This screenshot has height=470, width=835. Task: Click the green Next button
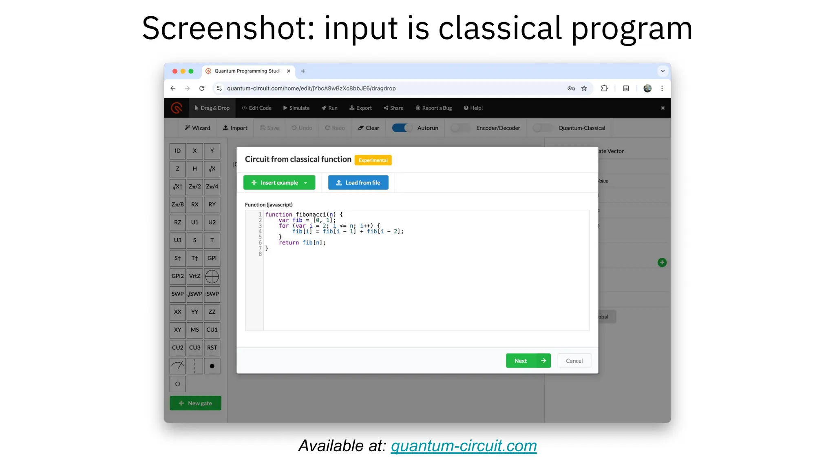click(528, 361)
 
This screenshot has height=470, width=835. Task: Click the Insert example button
click(279, 183)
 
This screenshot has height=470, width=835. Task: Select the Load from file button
click(358, 183)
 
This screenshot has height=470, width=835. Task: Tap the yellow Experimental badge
click(373, 160)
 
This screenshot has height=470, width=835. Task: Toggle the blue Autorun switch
click(402, 128)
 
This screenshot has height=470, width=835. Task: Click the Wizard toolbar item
click(197, 128)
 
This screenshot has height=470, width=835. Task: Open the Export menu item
click(360, 108)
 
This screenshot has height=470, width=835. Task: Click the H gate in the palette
click(195, 169)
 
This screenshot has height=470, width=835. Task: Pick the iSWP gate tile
click(212, 294)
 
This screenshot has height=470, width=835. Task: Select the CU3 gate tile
click(195, 348)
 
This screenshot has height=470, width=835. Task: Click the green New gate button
click(195, 403)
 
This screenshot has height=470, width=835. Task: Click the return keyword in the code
click(289, 243)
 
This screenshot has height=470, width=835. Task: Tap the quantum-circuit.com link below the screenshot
click(464, 446)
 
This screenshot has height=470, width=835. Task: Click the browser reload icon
click(202, 89)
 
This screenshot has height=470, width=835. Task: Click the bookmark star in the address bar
click(584, 89)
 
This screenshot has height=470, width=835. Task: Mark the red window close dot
click(175, 71)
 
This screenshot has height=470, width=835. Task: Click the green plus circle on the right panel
click(662, 263)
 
